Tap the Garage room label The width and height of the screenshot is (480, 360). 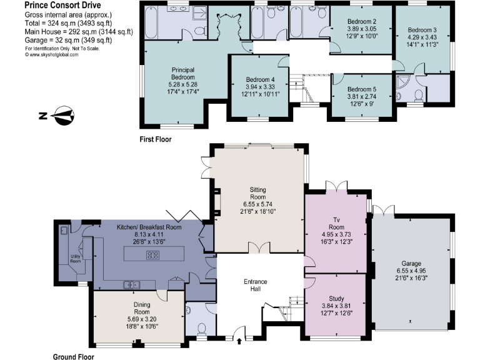coord(411,264)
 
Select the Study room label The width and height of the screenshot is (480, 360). coord(335,298)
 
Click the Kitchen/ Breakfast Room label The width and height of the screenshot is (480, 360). coord(149,227)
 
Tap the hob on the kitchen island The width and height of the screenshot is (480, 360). coord(152,254)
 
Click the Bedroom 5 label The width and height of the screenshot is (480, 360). coord(362,89)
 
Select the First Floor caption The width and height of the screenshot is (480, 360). coord(155,139)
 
